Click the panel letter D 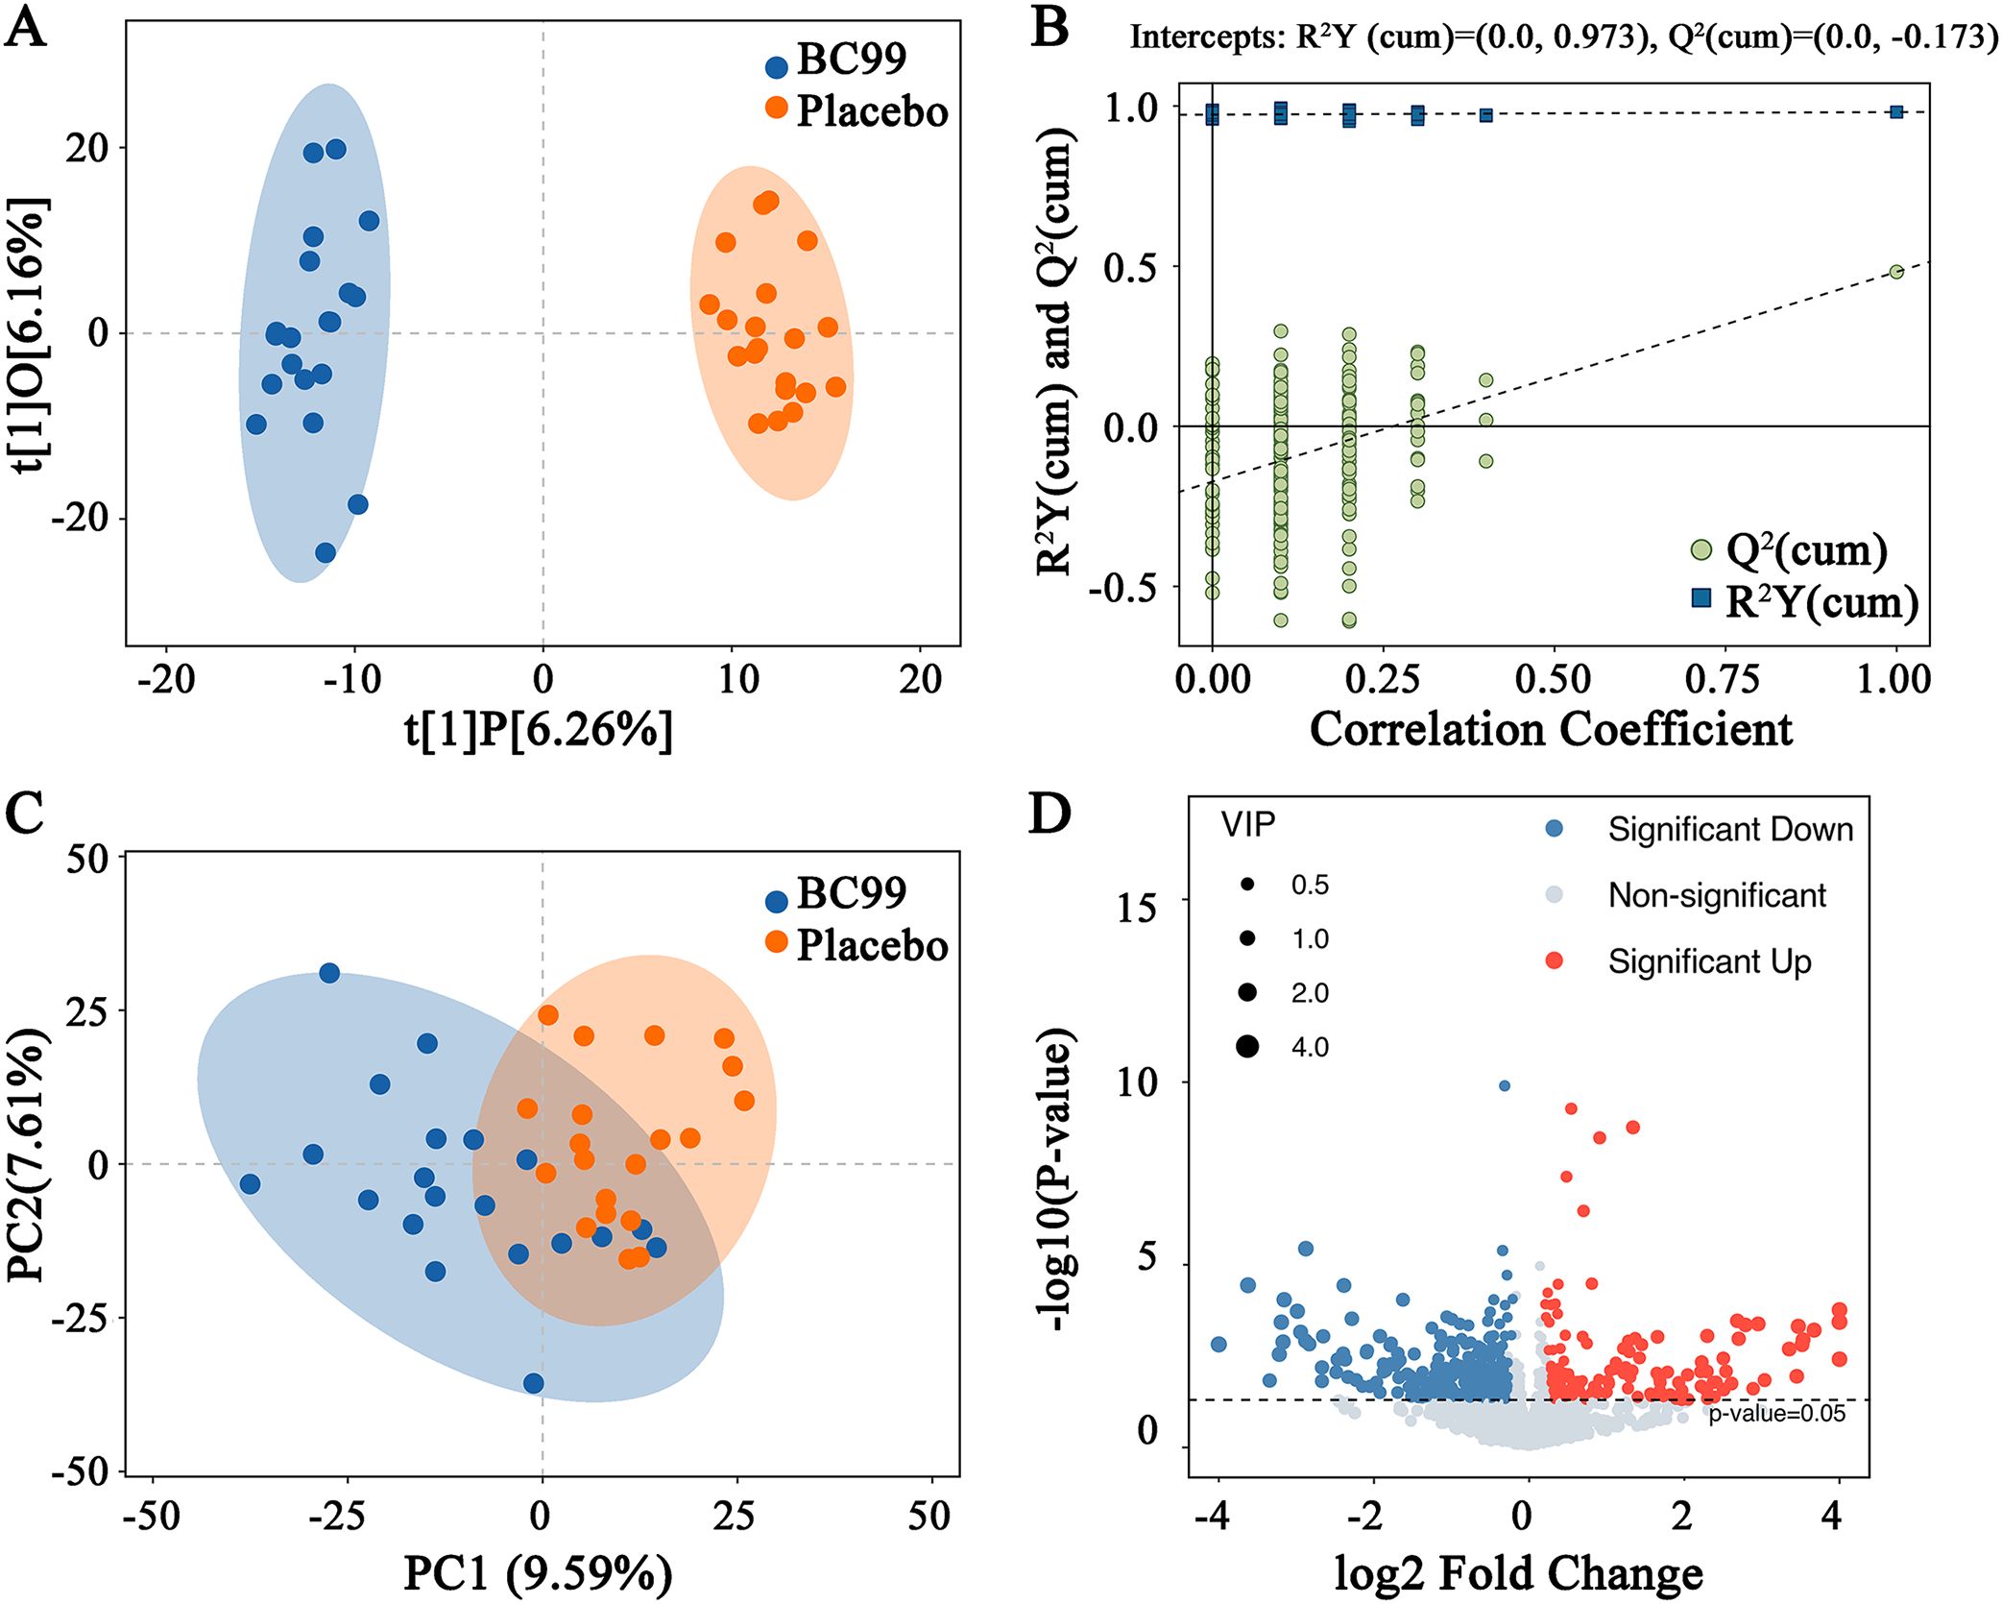1049,814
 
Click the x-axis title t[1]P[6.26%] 539,730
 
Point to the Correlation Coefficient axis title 1551,730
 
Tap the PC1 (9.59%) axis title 538,1573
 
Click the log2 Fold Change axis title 1519,1573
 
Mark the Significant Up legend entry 1709,961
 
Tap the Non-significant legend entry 1716,895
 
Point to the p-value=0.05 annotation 1776,1413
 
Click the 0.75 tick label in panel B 1723,680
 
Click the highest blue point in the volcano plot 1505,1085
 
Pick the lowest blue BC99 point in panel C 533,1383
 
